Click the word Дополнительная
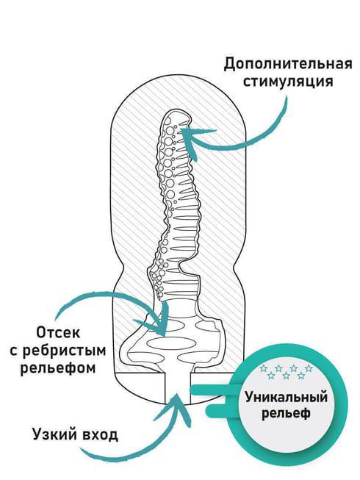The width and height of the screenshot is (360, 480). pos(288,64)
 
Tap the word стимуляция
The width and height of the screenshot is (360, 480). pos(288,82)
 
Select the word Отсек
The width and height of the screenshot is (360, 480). pos(59,332)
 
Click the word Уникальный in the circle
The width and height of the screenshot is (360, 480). pos(287,398)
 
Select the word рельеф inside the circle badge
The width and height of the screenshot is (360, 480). pos(287,413)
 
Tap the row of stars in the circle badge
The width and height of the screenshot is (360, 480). pos(286,372)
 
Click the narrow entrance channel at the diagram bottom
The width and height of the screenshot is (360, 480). pos(177,387)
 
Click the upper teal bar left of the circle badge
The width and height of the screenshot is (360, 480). pos(211,390)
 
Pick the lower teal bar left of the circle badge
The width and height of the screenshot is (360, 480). pos(221,410)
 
